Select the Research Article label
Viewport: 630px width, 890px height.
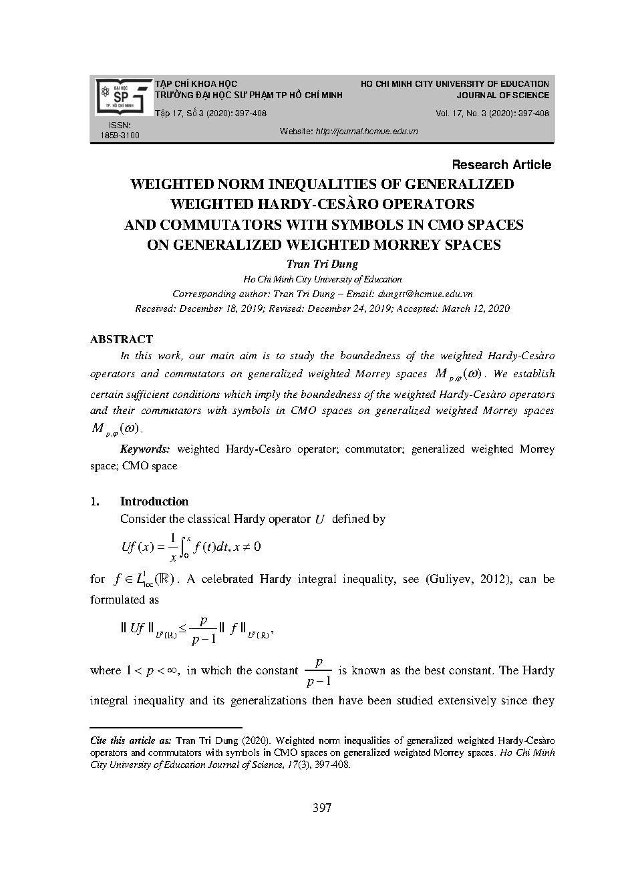501,165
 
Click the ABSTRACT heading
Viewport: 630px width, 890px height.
122,339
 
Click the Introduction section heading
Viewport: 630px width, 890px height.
154,501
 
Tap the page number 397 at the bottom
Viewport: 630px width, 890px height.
322,809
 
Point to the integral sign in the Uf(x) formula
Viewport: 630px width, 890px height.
186,545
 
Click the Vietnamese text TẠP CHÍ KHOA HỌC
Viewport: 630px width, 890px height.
196,84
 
